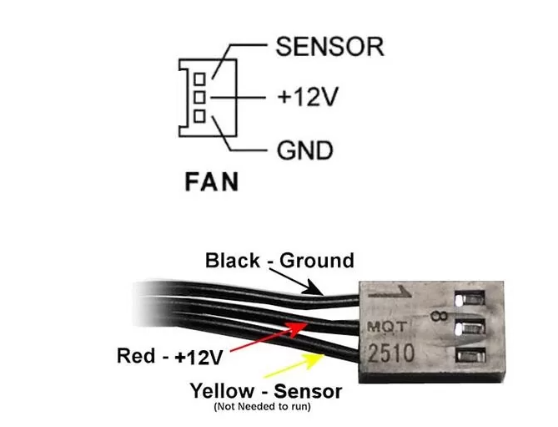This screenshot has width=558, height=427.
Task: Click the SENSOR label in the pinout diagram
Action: click(x=330, y=47)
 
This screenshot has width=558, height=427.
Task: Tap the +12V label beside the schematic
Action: click(x=308, y=97)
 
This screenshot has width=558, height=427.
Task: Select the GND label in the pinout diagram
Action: click(x=305, y=150)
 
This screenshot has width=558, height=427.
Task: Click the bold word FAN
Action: click(x=212, y=182)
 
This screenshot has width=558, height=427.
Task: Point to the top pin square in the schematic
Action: click(x=199, y=79)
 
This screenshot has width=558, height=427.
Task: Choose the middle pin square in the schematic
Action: click(x=199, y=97)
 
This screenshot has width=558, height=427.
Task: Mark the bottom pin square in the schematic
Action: click(x=199, y=116)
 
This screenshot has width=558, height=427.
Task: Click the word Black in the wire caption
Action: click(x=233, y=261)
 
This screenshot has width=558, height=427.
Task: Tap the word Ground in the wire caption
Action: click(x=317, y=261)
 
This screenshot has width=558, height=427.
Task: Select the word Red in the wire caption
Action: click(x=136, y=356)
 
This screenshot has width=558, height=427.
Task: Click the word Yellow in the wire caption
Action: click(x=222, y=390)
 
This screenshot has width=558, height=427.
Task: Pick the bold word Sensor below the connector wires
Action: click(x=308, y=391)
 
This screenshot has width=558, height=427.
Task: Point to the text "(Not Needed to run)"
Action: click(x=262, y=406)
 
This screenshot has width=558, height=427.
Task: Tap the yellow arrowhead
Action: click(x=314, y=361)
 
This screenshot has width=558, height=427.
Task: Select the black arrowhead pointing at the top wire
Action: click(x=313, y=288)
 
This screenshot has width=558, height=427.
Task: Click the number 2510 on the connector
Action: click(x=391, y=353)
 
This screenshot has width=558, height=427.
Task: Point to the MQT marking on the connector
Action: click(x=386, y=326)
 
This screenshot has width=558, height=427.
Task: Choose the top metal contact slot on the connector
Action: click(x=470, y=298)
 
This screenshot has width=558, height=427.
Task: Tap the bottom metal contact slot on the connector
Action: click(x=470, y=356)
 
